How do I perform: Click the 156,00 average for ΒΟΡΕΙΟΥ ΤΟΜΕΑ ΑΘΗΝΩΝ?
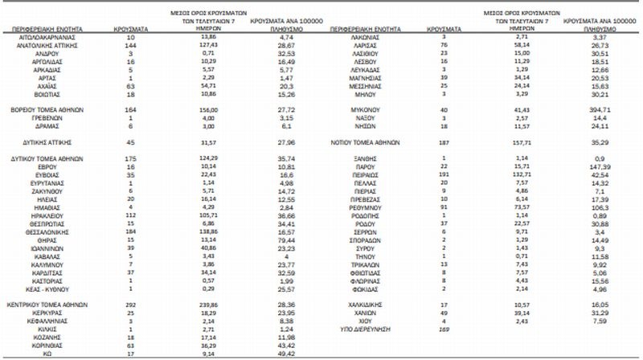coord(208,108)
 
